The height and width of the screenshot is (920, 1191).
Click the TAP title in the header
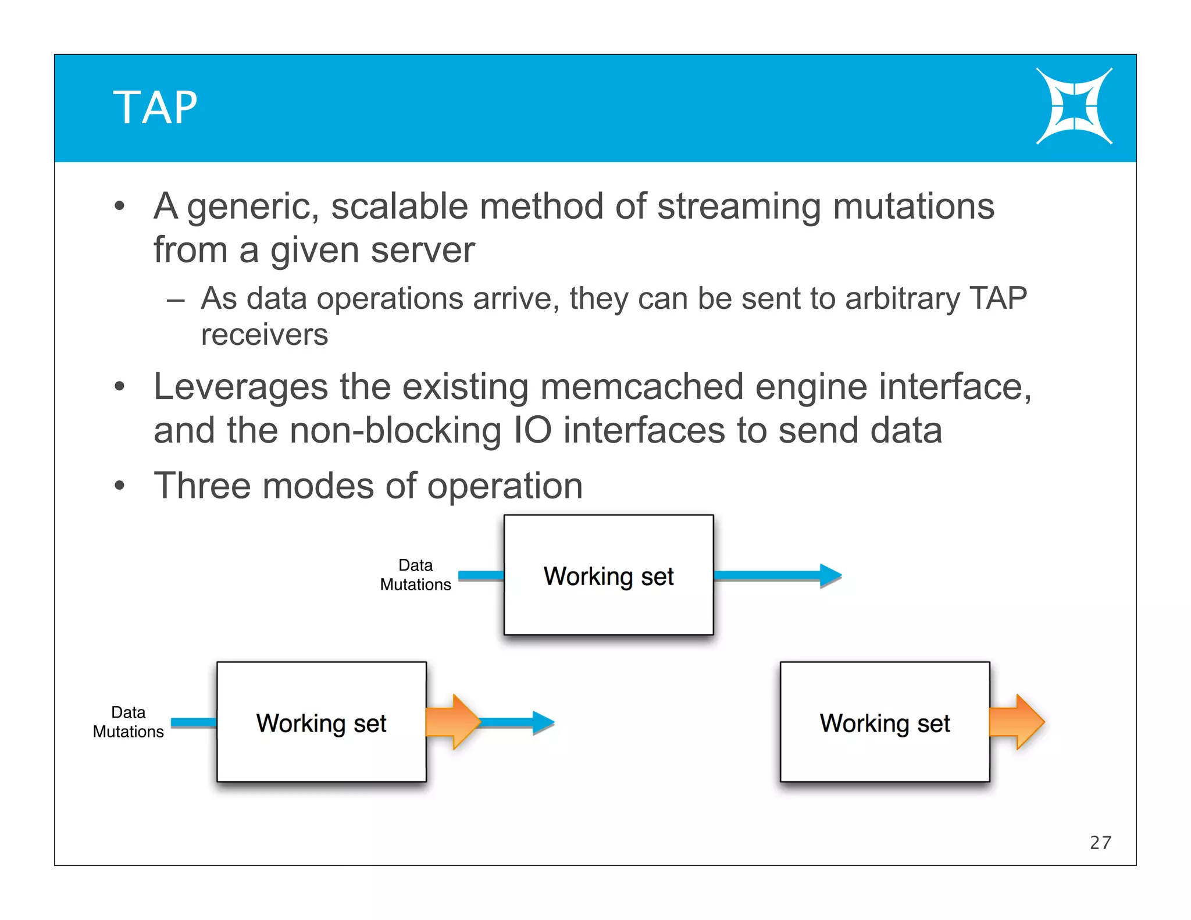click(x=155, y=108)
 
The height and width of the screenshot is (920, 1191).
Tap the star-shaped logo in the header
click(x=1074, y=106)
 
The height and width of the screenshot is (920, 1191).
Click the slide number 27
click(x=1100, y=843)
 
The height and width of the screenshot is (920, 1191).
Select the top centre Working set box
click(x=608, y=575)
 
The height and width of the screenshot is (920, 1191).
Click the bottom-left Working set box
click(x=321, y=722)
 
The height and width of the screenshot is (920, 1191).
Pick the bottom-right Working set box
click(x=885, y=722)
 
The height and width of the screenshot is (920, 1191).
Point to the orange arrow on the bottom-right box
click(x=1019, y=722)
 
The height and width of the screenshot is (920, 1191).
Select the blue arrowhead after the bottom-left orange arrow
click(x=543, y=722)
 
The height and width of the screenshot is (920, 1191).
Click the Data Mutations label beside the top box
click(x=415, y=575)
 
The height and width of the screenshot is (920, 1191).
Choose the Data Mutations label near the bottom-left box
click(x=128, y=722)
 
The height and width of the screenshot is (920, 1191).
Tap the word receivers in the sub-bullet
click(x=264, y=335)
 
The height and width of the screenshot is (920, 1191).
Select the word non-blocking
click(x=395, y=430)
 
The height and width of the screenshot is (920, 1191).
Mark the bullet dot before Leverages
click(x=120, y=386)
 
